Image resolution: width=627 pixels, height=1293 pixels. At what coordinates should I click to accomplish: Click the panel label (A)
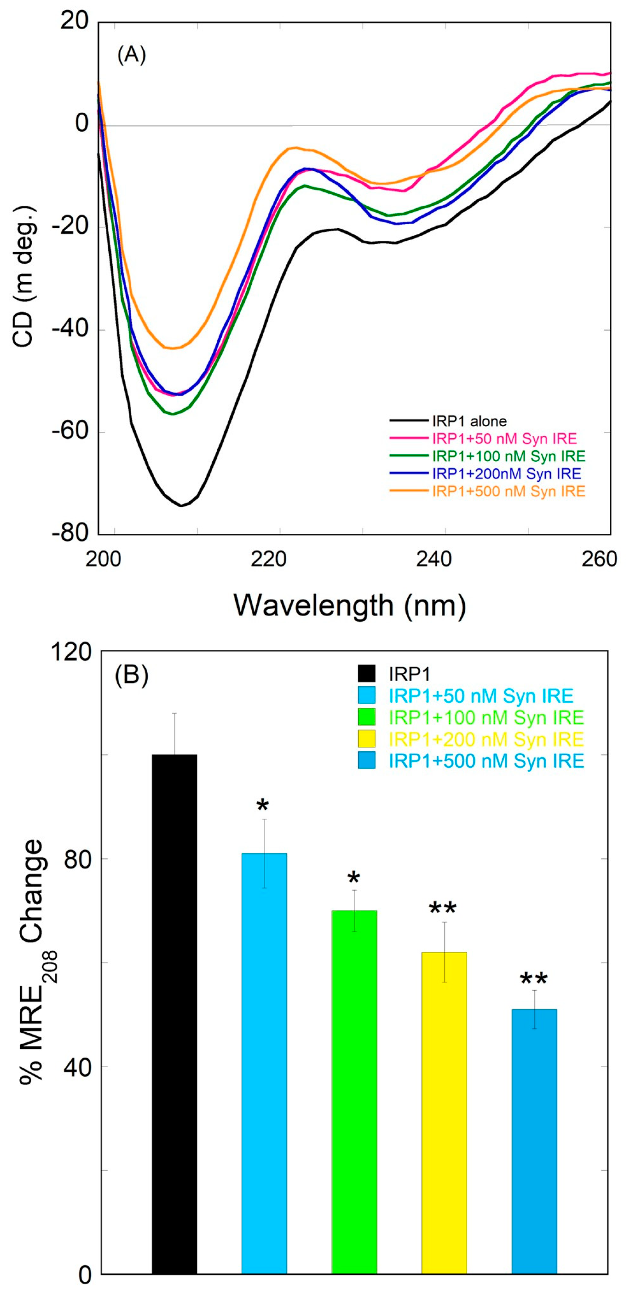click(x=132, y=55)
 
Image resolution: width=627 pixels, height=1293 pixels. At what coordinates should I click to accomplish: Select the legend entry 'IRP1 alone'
click(x=469, y=421)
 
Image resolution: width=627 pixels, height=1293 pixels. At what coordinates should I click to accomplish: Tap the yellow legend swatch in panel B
click(x=367, y=739)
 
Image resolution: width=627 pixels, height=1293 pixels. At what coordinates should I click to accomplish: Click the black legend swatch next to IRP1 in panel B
click(x=367, y=673)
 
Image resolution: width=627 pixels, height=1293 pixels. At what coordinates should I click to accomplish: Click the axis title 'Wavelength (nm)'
click(x=350, y=606)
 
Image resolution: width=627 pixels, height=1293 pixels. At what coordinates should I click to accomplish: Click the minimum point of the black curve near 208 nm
click(x=181, y=505)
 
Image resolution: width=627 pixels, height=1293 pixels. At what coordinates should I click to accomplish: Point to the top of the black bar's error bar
click(x=174, y=713)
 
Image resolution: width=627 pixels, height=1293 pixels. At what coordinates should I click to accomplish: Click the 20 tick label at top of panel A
click(x=74, y=21)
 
